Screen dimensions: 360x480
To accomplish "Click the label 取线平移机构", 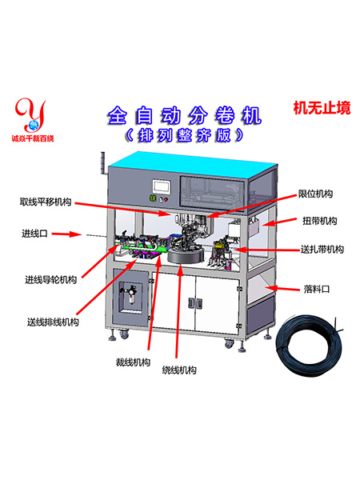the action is click(x=46, y=202).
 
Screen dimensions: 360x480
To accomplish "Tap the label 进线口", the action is click(x=34, y=234).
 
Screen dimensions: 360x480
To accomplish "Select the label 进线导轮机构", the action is click(x=51, y=279).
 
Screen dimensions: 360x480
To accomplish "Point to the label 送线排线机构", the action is click(x=53, y=322).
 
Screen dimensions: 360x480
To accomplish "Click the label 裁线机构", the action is click(x=133, y=362).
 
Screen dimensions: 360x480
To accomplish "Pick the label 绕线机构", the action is click(x=179, y=370).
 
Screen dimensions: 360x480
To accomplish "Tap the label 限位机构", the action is click(x=316, y=194).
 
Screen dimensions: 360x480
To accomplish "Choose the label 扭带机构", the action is click(x=320, y=221).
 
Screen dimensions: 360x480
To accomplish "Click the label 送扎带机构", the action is click(x=322, y=250).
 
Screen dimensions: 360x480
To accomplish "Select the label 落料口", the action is click(x=317, y=289).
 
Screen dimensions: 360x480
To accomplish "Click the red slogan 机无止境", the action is click(x=322, y=108).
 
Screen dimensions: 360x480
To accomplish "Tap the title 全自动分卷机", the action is click(x=185, y=115).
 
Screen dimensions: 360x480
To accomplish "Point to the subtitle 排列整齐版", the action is click(x=185, y=135).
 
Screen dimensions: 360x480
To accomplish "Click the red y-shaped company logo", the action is click(x=31, y=115).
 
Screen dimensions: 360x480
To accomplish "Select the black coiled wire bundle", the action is click(x=309, y=346).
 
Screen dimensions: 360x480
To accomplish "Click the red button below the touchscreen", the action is click(x=166, y=199).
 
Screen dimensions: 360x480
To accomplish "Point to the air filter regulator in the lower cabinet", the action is click(x=131, y=294).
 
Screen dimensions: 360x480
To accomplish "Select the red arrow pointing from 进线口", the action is click(x=66, y=234).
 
